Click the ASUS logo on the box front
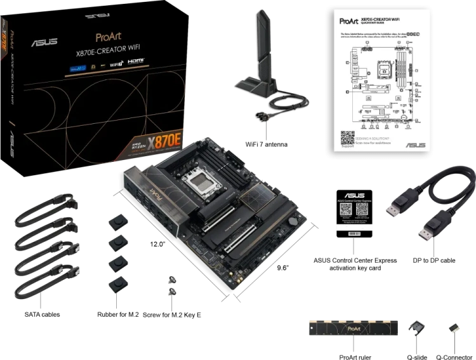coord(45,42)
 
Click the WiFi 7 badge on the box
coord(116,64)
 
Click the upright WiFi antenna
coord(263,44)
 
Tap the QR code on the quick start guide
coord(347,138)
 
